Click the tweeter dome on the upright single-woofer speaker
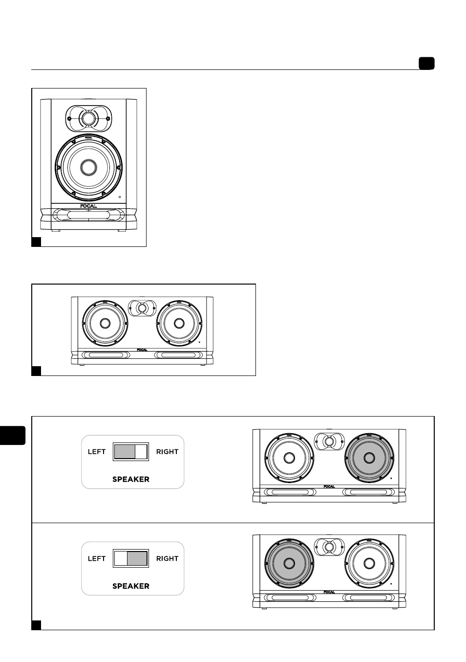pos(88,118)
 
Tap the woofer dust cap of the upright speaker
pos(88,167)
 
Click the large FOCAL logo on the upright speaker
pos(88,206)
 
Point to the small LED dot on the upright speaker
pos(120,197)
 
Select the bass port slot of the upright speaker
pos(88,215)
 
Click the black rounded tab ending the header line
pos(426,63)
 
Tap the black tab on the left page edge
pos(12,435)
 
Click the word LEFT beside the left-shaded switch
pos(97,452)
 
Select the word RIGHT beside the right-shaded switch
pos(167,558)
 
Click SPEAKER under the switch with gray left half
pos(131,479)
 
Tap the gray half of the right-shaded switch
pos(137,558)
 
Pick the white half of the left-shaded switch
pos(141,452)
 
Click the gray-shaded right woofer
pos(369,458)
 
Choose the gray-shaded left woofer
pos(289,563)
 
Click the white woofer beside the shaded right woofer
pos(289,458)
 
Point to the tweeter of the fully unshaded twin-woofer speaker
pos(142,308)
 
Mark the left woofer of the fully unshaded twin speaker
pos(105,323)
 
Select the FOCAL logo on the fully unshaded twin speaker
pos(142,350)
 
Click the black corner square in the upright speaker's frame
pos(36,242)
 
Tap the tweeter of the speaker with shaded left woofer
pos(329,547)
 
